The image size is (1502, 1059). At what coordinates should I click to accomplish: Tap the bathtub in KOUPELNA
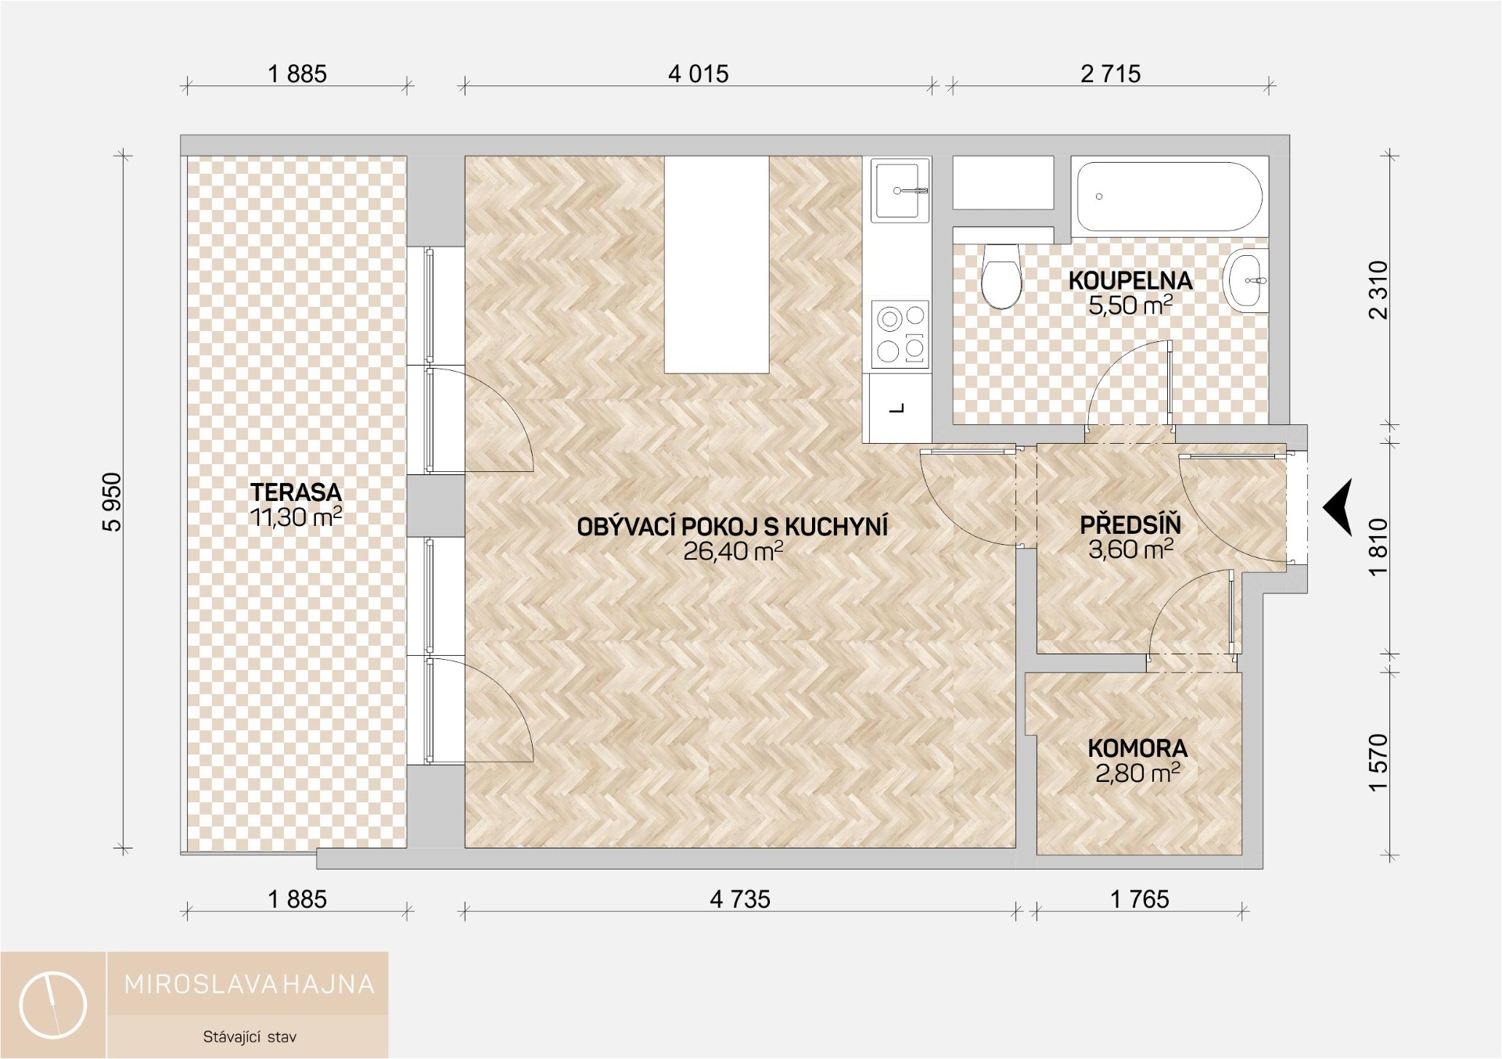point(1170,196)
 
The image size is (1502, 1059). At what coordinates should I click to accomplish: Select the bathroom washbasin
point(1246,280)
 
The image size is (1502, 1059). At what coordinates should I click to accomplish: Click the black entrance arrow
point(1338,508)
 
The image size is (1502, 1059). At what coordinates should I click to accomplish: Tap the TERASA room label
point(296,492)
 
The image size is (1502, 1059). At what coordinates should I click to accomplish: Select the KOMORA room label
point(1137,748)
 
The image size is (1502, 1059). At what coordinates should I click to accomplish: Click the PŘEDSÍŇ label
point(1130,524)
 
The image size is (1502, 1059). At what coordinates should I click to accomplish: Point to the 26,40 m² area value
point(733,551)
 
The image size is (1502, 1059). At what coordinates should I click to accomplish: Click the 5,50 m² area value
point(1130,304)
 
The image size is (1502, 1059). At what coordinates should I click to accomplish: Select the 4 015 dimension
point(698,74)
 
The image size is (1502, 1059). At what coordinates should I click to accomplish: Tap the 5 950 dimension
point(113,502)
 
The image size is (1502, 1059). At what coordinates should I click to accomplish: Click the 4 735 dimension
point(740,899)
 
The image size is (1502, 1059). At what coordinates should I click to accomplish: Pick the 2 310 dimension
point(1378,290)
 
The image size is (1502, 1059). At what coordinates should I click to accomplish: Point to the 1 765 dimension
point(1140,899)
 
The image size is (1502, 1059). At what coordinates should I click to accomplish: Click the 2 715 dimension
point(1111,74)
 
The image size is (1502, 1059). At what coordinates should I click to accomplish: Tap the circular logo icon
point(53,1005)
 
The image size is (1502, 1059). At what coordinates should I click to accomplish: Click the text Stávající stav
point(250,1037)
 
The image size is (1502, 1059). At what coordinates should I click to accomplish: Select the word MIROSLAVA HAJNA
point(250,984)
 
